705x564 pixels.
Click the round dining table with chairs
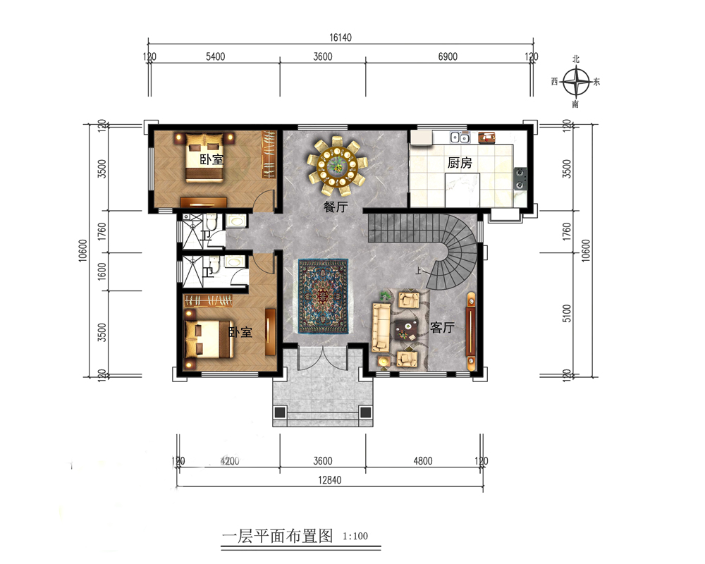(x=336, y=166)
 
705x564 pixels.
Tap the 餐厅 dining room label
(x=336, y=207)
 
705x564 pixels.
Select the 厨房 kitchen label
(x=460, y=163)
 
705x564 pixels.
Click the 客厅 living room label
(x=442, y=327)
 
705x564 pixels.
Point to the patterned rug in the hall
(x=324, y=296)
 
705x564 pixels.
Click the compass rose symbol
(x=576, y=82)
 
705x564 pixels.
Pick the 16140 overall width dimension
(x=341, y=38)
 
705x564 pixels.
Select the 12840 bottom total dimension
(x=329, y=480)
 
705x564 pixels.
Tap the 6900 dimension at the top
(x=448, y=56)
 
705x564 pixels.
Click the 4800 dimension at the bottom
(x=422, y=461)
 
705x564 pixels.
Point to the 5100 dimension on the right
(x=567, y=313)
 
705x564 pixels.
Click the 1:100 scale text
(x=355, y=536)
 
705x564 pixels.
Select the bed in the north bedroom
(x=204, y=157)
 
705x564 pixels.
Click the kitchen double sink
(x=460, y=137)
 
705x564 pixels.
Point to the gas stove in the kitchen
(x=520, y=178)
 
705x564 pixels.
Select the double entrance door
(x=323, y=358)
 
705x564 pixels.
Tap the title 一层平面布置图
(x=277, y=536)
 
